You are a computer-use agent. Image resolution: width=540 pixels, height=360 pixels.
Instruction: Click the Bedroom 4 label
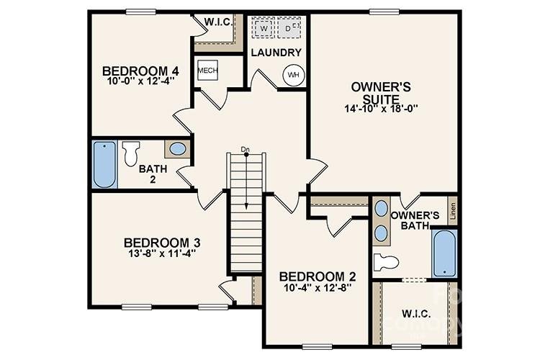pyautogui.click(x=140, y=71)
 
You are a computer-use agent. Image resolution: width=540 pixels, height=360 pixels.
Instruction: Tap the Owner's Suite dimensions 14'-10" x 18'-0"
pyautogui.click(x=381, y=109)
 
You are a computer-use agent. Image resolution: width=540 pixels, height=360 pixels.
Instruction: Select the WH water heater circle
pyautogui.click(x=293, y=74)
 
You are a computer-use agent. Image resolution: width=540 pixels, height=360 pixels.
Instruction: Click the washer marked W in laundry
pyautogui.click(x=264, y=28)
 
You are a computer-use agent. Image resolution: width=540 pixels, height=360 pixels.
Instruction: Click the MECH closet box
pyautogui.click(x=207, y=70)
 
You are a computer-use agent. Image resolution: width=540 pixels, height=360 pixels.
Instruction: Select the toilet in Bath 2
pyautogui.click(x=132, y=153)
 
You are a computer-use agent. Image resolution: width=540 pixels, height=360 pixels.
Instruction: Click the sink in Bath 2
pyautogui.click(x=178, y=149)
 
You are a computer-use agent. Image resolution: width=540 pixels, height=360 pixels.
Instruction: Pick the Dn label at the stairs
pyautogui.click(x=246, y=149)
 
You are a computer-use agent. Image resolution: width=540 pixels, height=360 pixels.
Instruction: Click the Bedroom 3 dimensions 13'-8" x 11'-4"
pyautogui.click(x=161, y=253)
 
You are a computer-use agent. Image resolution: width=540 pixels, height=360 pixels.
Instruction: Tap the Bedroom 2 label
pyautogui.click(x=318, y=276)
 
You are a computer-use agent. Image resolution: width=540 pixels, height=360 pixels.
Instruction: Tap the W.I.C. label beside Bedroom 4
pyautogui.click(x=218, y=22)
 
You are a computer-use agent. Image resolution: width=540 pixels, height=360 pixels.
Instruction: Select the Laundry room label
pyautogui.click(x=275, y=53)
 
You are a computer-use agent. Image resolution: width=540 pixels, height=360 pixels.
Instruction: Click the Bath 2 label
pyautogui.click(x=153, y=174)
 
